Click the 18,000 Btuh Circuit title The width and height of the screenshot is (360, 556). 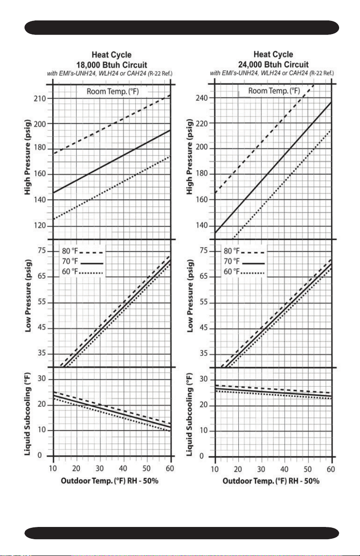coord(112,65)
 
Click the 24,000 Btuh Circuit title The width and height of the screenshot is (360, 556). coord(273,64)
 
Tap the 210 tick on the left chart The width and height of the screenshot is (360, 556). coord(40,98)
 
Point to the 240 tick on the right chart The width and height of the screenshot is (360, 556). coord(202,98)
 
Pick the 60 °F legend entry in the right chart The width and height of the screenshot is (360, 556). coord(244,271)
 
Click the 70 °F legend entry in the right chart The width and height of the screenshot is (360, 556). coord(244,261)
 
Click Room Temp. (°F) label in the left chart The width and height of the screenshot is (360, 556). coord(113,92)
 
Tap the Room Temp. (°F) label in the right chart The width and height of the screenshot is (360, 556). coord(274,91)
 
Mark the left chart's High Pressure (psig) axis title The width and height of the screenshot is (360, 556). coord(28,157)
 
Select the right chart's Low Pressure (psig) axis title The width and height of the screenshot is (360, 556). coord(190,296)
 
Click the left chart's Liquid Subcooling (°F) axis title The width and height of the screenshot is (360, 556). coord(28,414)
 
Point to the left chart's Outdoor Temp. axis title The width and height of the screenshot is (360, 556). coord(109,481)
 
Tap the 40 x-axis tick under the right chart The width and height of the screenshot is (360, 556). coord(284,469)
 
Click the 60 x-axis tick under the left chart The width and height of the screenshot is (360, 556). coord(170,468)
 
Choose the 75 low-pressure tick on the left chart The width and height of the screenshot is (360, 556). coord(42,251)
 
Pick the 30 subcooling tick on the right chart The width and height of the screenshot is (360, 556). coord(203,379)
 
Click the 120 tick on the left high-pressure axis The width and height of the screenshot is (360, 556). coord(40,226)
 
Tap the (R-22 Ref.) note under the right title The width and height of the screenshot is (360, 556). coord(322,73)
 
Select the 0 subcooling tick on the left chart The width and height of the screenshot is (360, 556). coord(39,455)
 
